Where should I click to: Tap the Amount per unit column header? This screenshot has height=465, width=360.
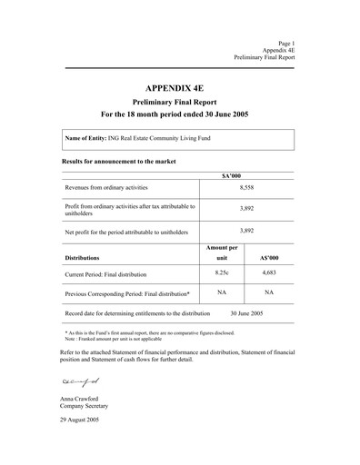pyautogui.click(x=222, y=252)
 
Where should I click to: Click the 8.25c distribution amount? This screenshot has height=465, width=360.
pyautogui.click(x=221, y=272)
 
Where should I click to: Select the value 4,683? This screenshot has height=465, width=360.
pyautogui.click(x=269, y=272)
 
